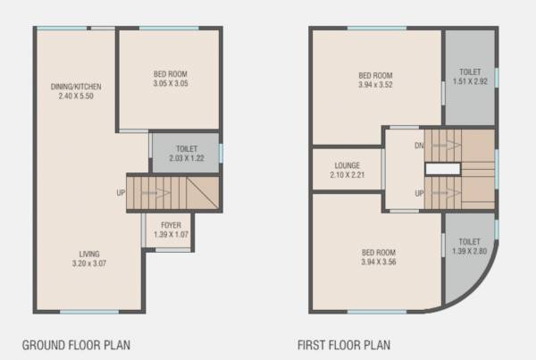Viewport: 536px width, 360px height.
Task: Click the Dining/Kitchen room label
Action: tap(76, 87)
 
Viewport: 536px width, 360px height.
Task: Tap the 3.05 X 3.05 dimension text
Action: tap(170, 84)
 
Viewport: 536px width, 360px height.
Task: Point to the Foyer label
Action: tap(172, 224)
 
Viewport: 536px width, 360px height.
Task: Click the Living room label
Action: tap(88, 254)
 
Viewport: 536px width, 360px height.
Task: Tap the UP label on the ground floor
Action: tap(120, 192)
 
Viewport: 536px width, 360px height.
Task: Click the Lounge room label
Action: tap(348, 165)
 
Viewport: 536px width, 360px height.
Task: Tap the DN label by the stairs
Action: tap(419, 145)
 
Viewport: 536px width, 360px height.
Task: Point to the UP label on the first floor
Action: tap(418, 193)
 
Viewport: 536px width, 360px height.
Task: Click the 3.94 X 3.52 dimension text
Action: tap(375, 86)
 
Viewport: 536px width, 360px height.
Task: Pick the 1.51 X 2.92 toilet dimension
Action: tap(469, 81)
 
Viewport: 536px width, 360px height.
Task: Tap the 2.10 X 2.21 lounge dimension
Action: tap(348, 175)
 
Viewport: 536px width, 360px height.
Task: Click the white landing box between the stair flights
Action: tap(440, 169)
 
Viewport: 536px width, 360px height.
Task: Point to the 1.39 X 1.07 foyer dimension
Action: tap(172, 234)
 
